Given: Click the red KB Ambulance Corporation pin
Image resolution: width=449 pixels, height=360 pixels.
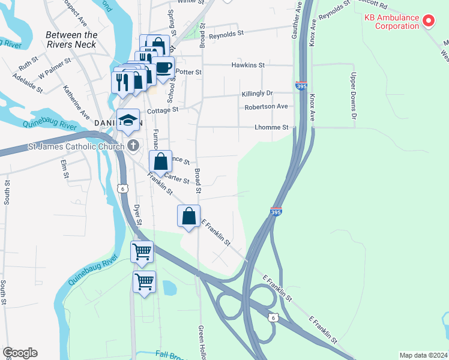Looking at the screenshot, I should tap(429, 22).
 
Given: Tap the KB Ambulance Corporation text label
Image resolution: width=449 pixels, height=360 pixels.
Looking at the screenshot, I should tap(391, 22).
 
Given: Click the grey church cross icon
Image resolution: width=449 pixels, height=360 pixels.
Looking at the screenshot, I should tap(132, 145).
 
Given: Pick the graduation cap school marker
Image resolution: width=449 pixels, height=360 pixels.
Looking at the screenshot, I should tap(128, 120).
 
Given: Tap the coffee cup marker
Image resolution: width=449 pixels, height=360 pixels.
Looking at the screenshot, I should tap(163, 67).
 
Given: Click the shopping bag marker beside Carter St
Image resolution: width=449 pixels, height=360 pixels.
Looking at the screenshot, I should tap(160, 161).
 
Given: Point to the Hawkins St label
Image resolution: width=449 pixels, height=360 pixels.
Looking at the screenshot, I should tap(248, 65).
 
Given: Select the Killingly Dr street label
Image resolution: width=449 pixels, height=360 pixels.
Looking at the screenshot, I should tap(257, 94).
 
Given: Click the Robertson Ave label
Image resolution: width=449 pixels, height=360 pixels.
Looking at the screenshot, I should tap(266, 106).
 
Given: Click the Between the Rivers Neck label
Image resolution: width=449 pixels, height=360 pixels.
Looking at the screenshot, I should tap(71, 40).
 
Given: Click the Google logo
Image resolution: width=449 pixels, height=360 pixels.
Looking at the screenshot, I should tap(20, 353).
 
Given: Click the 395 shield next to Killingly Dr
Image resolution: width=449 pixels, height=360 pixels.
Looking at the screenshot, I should tap(301, 86).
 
